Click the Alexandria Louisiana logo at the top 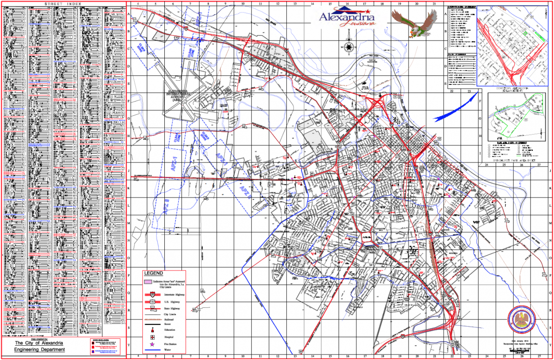(x=347, y=18)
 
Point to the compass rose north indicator (x=349, y=47)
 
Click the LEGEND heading (x=153, y=273)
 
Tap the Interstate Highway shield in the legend (x=151, y=294)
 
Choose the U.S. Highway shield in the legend (x=151, y=300)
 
